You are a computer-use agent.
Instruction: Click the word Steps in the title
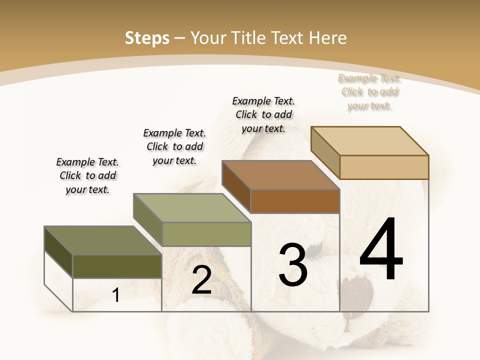point(146,38)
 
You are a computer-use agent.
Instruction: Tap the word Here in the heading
point(328,38)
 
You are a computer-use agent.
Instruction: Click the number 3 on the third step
point(292,265)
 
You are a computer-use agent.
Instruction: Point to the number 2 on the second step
point(201,280)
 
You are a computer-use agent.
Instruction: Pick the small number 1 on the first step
point(116,295)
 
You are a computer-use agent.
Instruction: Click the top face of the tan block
point(370,141)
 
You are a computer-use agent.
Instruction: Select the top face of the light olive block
point(192,208)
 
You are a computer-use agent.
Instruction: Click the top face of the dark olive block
point(103,240)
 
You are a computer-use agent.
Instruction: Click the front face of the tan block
point(384,167)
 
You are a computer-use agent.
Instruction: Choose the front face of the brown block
point(295,201)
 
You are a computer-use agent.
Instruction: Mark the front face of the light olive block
point(206,234)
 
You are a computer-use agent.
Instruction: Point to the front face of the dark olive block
point(117,266)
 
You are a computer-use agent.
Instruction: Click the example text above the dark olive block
point(87,175)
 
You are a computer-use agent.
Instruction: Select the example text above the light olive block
point(174,146)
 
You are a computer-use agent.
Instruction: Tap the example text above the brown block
point(263,114)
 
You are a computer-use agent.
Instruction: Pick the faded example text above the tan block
point(369,91)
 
